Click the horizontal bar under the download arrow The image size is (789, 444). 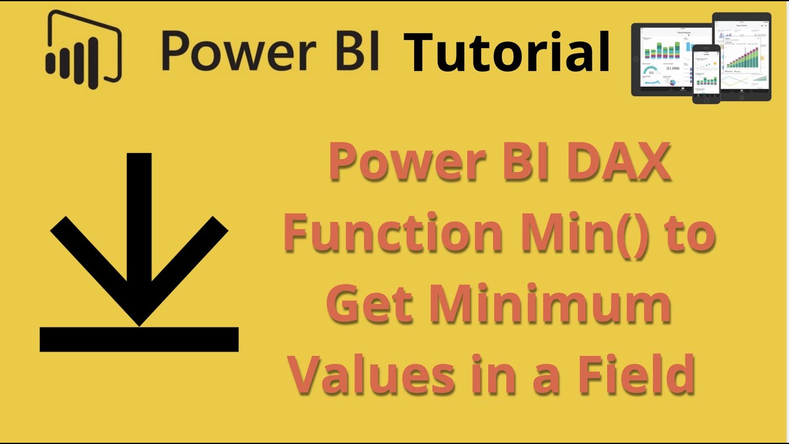coord(139,339)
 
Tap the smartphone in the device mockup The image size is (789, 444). coord(706,73)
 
